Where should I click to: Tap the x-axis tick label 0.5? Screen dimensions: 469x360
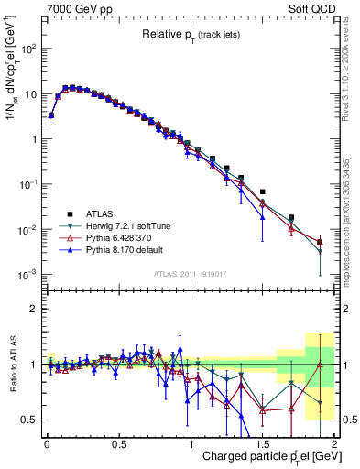pyautogui.click(x=118, y=442)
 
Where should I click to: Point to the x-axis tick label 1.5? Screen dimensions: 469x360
pyautogui.click(x=262, y=442)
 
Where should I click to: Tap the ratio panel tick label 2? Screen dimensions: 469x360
pyautogui.click(x=32, y=309)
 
